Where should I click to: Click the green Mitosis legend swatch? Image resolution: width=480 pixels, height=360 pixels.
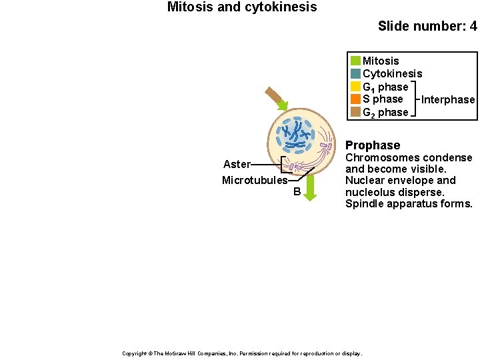(x=355, y=61)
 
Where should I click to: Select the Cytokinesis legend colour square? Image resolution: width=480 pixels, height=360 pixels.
(x=355, y=73)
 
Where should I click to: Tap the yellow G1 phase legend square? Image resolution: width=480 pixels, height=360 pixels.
(x=355, y=87)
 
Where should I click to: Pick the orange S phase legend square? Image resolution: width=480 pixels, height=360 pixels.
(x=355, y=99)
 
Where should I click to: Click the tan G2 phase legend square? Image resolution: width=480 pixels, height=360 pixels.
(x=355, y=112)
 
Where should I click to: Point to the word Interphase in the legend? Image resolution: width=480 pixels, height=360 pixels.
(x=448, y=100)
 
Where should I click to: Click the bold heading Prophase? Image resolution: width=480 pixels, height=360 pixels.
(x=373, y=145)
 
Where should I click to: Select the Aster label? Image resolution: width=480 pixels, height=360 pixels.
(x=237, y=164)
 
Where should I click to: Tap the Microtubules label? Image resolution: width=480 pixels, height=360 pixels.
(x=255, y=181)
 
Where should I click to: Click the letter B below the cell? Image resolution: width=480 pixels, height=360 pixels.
(x=297, y=193)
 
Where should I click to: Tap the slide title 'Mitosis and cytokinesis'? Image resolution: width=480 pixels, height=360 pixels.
(x=242, y=7)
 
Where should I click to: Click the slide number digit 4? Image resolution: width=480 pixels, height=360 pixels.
(x=473, y=27)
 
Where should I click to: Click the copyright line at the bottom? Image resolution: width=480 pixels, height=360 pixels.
(x=242, y=353)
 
